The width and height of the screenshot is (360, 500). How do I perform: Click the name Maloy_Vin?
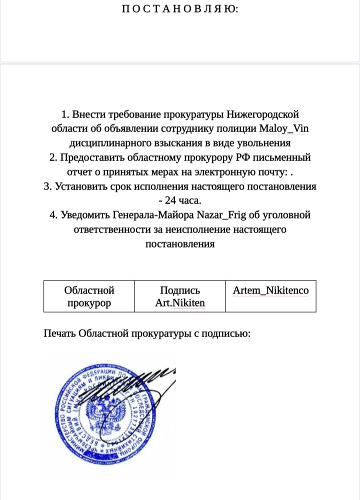click(x=284, y=128)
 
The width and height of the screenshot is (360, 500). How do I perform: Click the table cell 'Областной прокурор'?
click(x=89, y=296)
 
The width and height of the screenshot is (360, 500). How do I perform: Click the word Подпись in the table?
click(x=180, y=290)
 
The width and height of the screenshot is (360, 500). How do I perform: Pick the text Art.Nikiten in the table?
click(x=180, y=302)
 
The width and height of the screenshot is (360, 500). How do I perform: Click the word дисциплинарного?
click(x=105, y=143)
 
